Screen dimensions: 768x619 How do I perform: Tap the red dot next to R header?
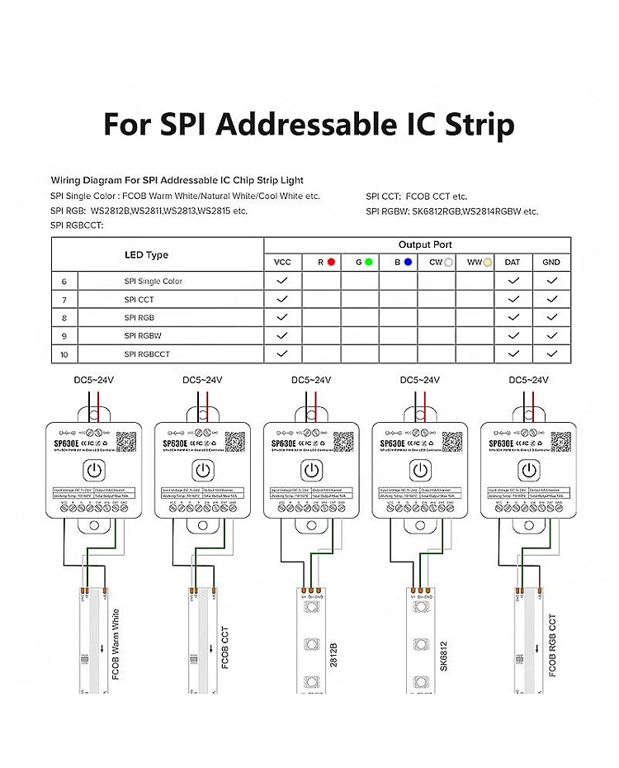(331, 262)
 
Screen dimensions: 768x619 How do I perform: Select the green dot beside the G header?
(368, 262)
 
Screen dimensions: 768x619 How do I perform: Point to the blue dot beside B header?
(407, 262)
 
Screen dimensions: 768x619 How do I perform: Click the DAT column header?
(513, 262)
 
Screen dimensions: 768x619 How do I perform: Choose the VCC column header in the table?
(282, 262)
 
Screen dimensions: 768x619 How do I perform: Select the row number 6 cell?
(64, 282)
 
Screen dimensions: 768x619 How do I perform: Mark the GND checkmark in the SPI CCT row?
(551, 299)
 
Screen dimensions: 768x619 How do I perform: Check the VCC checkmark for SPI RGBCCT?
(282, 353)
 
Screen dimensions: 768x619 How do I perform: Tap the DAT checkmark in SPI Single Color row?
(513, 281)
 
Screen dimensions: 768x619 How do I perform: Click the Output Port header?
(425, 245)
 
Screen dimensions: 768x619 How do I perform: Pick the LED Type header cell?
(146, 254)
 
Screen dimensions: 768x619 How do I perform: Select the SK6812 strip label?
(444, 654)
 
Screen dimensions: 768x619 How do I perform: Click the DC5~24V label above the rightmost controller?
(528, 380)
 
